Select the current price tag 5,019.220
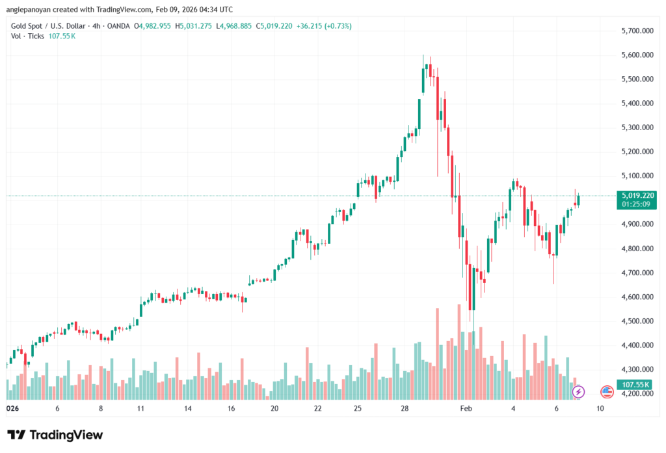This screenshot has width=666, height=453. click(638, 195)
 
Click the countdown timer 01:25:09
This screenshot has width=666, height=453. click(638, 204)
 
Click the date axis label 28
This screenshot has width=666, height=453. click(405, 409)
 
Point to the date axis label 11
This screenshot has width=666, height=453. click(140, 409)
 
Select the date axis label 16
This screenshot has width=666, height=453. click(231, 409)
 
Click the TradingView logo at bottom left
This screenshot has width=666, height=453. click(55, 435)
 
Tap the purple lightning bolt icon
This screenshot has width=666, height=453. click(578, 392)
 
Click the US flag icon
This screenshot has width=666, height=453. click(607, 392)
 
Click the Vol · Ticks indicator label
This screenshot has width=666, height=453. click(27, 36)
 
